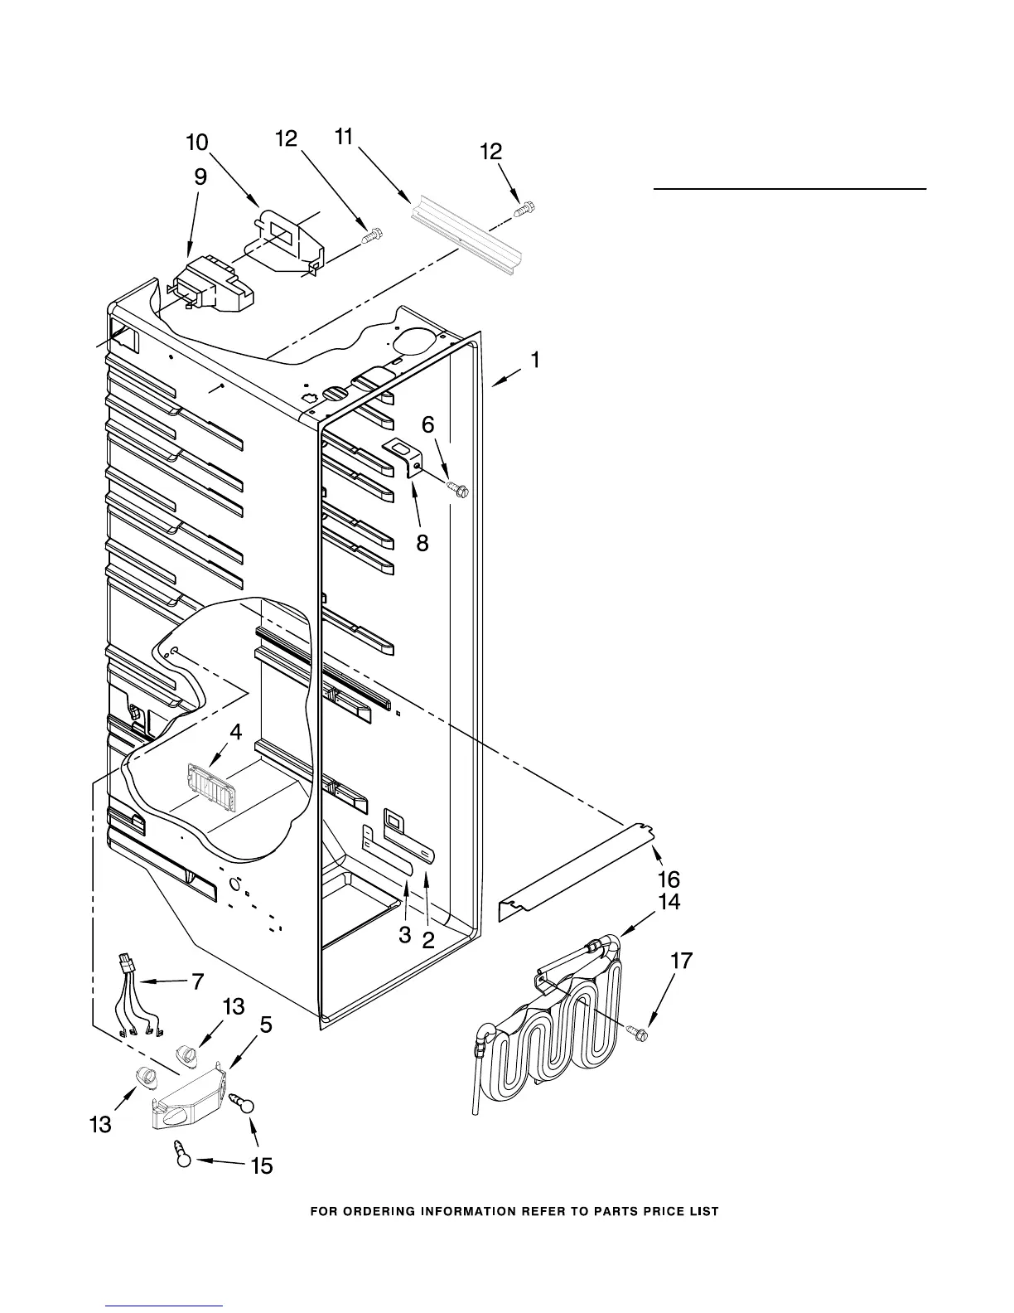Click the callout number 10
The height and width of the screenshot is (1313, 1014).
click(196, 143)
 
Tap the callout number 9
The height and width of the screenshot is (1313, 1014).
click(200, 177)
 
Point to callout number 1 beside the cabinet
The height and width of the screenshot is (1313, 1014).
click(536, 360)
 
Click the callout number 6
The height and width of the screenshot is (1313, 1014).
click(427, 424)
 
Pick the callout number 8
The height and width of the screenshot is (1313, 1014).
click(422, 544)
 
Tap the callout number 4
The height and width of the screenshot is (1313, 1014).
click(236, 732)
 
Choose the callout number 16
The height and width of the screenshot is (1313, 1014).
click(669, 879)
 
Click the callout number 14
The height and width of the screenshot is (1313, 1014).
click(669, 902)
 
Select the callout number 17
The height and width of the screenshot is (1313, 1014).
click(681, 962)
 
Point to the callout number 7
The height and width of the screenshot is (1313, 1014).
click(197, 982)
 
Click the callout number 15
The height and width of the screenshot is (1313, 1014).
click(261, 1166)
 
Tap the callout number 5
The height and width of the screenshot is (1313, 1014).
click(265, 1025)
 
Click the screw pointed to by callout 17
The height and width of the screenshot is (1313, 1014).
click(639, 1034)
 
